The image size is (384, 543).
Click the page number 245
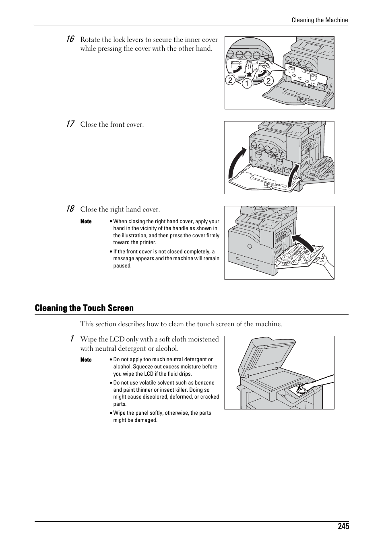point(343,527)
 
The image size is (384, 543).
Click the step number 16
point(70,39)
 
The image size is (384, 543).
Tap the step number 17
point(70,124)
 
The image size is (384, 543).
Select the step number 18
point(70,209)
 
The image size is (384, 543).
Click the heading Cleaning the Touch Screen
point(84,308)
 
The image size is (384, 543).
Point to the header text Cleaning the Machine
point(320,20)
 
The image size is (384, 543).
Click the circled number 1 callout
point(247,83)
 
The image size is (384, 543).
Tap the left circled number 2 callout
point(230,80)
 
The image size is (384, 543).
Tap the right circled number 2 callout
point(268,80)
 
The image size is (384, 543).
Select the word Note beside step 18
point(86,221)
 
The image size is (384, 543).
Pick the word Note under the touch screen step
point(86,360)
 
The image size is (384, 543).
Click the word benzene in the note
point(204,383)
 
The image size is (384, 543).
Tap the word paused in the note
point(122,265)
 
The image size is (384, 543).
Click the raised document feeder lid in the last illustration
point(266,356)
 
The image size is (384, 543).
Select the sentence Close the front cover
point(112,125)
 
